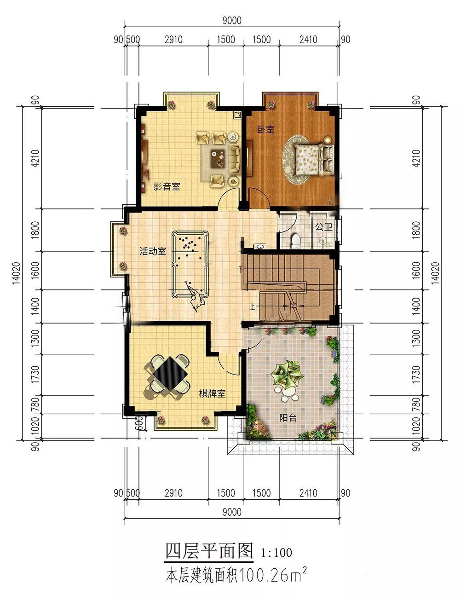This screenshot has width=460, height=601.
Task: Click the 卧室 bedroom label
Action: click(x=266, y=129)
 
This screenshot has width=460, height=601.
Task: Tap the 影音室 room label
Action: click(x=167, y=187)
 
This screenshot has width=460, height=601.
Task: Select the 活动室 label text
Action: click(x=153, y=251)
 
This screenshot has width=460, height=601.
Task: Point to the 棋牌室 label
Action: click(x=212, y=393)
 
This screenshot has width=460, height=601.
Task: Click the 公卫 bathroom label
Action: click(x=324, y=227)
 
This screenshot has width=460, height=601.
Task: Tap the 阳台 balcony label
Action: click(x=288, y=417)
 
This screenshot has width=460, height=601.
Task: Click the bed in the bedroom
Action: click(x=313, y=160)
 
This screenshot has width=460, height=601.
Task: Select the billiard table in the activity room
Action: click(x=190, y=264)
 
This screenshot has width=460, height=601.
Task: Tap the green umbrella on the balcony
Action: click(x=287, y=373)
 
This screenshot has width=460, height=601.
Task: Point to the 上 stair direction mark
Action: click(x=252, y=307)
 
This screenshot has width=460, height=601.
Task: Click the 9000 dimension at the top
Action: click(x=232, y=20)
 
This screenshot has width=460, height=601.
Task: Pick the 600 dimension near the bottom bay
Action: click(x=139, y=423)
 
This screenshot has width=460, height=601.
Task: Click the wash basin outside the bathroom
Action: click(x=259, y=246)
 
